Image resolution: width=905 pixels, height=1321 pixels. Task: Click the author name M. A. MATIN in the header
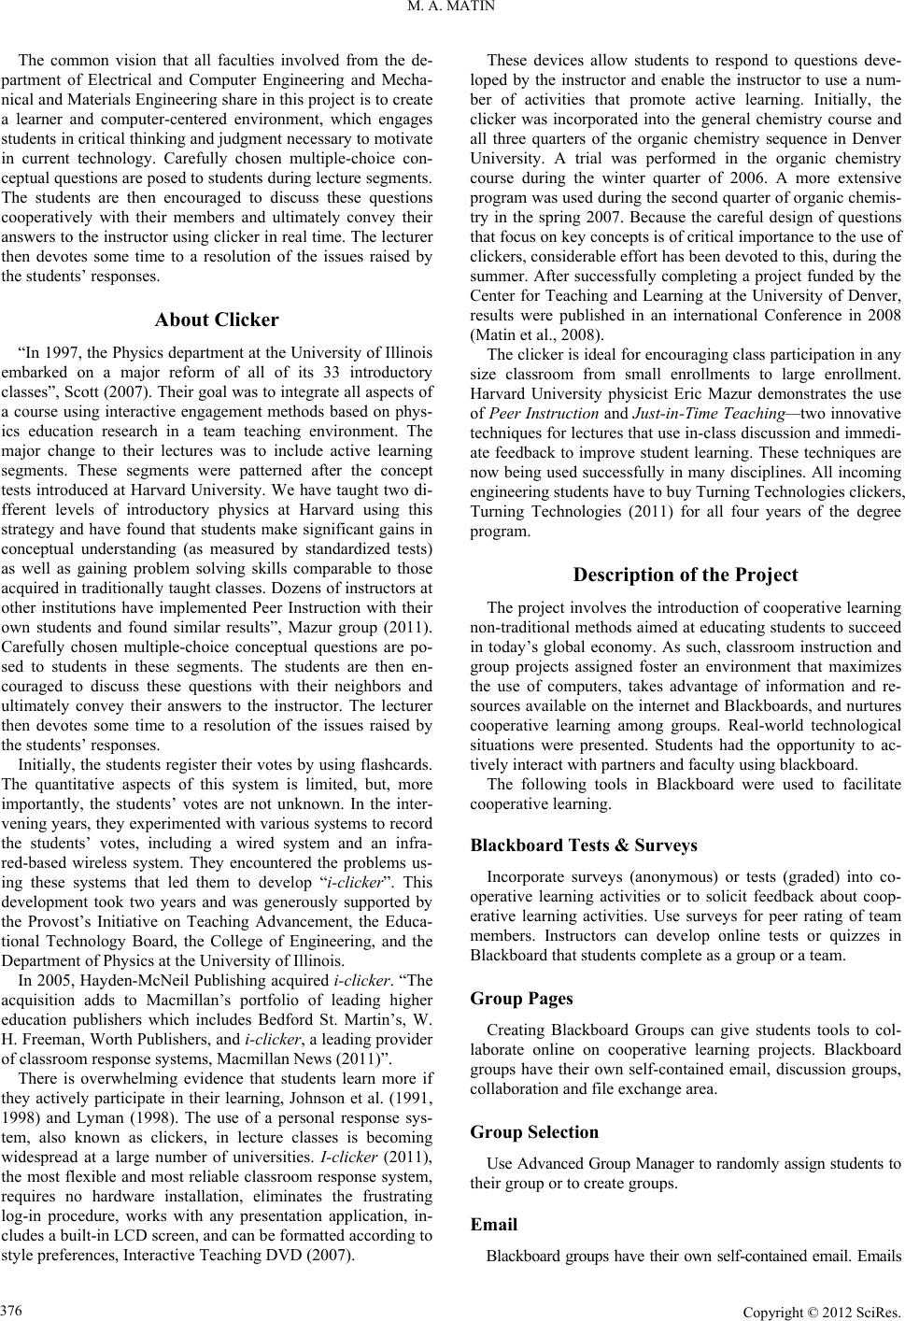pos(452,10)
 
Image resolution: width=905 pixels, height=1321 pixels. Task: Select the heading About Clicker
pos(217,320)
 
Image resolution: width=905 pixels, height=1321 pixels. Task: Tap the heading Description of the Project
pos(686,575)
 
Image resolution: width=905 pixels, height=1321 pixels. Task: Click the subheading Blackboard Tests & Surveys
pos(584,845)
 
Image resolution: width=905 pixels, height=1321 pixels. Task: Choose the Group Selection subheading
pos(535,1132)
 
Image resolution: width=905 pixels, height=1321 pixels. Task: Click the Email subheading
pos(495,1224)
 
